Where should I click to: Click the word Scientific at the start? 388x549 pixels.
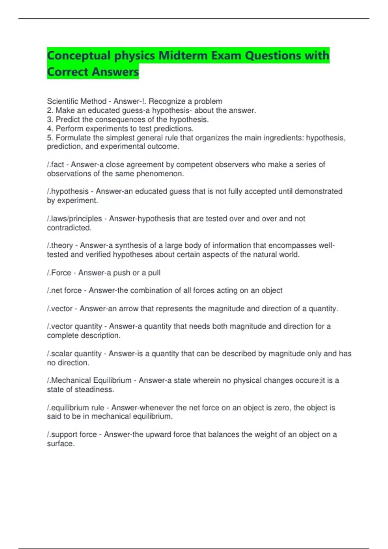(x=61, y=101)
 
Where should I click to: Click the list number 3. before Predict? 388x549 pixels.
(x=50, y=119)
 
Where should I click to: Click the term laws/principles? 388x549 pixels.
(x=76, y=219)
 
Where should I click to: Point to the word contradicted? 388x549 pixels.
(x=69, y=228)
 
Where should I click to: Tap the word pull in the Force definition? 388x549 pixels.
(x=154, y=273)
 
